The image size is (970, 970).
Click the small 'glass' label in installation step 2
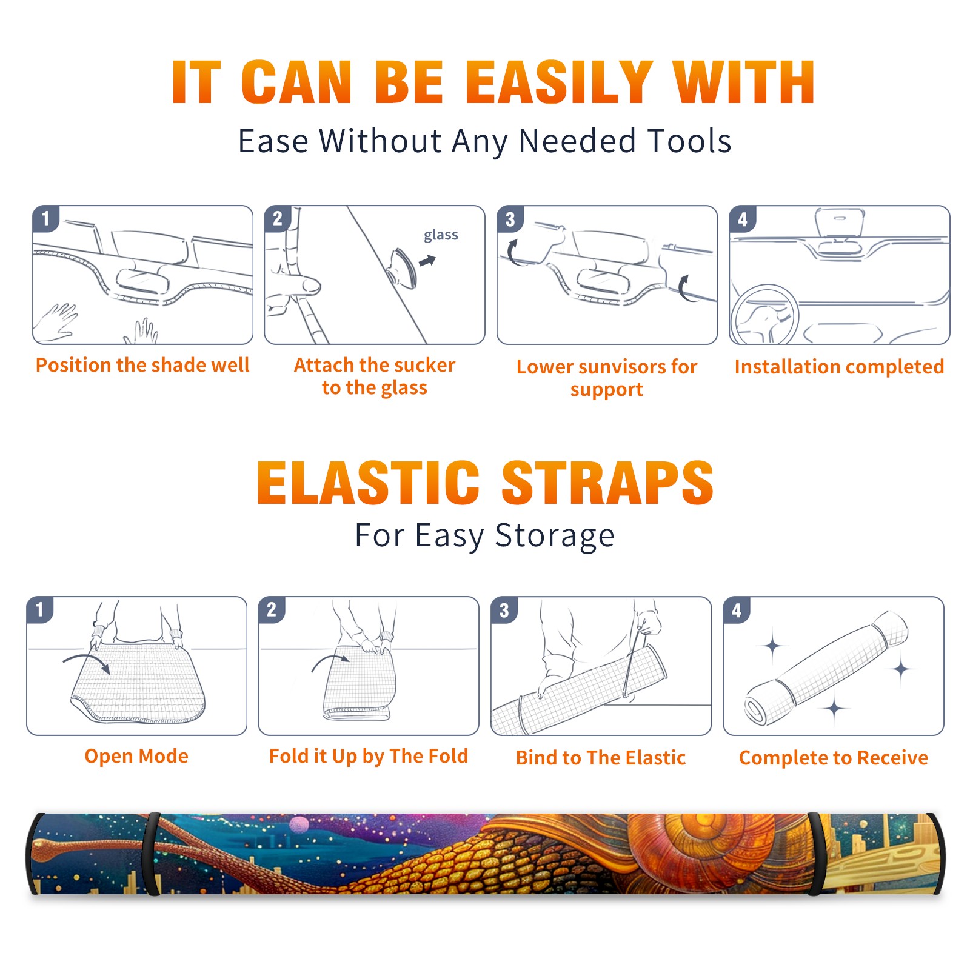tap(441, 235)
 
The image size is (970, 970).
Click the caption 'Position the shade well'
tap(142, 365)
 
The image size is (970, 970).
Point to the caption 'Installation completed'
tap(839, 366)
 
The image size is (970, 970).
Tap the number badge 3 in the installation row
tap(510, 219)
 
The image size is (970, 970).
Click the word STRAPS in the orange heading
tap(607, 483)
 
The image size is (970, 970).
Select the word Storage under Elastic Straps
tap(555, 536)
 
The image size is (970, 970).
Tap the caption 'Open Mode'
tap(136, 756)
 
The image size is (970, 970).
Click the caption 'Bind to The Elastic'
tap(601, 757)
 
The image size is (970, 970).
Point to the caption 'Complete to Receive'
tap(834, 757)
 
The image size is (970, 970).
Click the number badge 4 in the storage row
tap(737, 610)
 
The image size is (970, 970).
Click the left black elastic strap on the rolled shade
tap(152, 854)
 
